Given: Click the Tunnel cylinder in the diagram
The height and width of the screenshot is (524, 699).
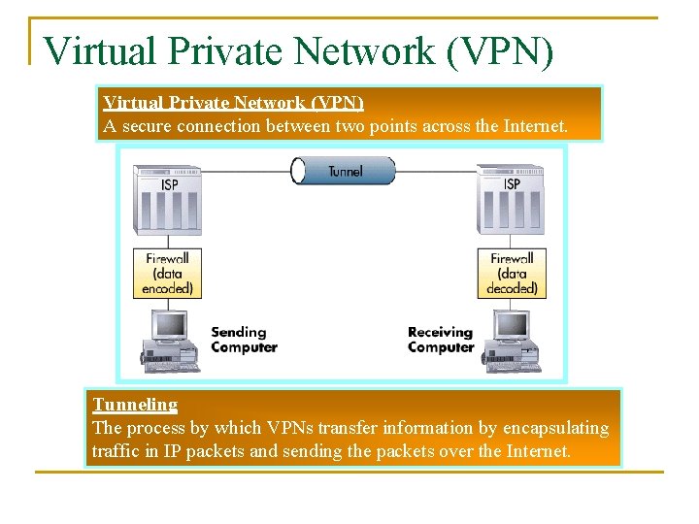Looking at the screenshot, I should [x=343, y=171].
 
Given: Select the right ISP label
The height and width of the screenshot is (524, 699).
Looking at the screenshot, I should [x=512, y=183].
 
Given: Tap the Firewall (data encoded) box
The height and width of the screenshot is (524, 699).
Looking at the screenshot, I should [x=168, y=274].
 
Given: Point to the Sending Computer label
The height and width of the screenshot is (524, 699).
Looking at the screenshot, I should [x=244, y=340].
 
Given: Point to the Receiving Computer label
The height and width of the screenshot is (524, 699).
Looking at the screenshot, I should [x=441, y=340].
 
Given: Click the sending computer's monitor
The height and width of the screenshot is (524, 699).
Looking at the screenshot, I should [x=170, y=326].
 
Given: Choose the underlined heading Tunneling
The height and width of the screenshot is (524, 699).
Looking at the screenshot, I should [x=135, y=405].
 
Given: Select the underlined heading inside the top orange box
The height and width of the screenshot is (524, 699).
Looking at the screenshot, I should [x=233, y=103].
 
